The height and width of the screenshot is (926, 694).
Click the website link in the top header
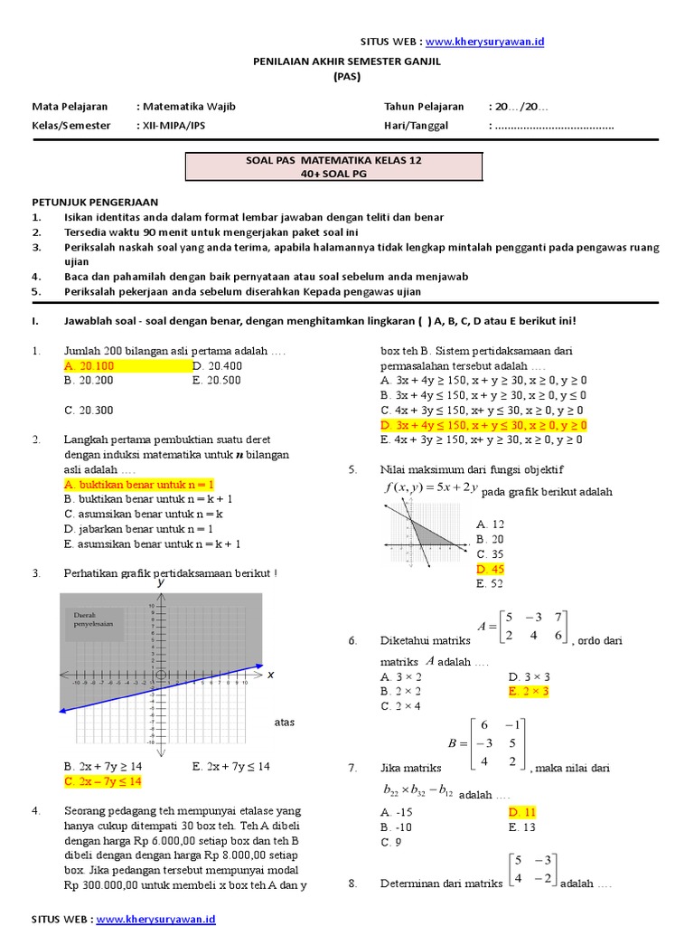[x=484, y=42]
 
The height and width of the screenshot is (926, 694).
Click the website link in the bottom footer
[x=155, y=919]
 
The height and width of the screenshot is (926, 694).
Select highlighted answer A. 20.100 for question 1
[x=89, y=366]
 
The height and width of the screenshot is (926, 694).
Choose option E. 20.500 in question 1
[x=217, y=381]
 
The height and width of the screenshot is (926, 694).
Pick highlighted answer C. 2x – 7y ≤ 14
[x=104, y=780]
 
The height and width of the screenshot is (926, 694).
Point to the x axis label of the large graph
[x=269, y=675]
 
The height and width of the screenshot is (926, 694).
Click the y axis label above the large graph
[x=161, y=584]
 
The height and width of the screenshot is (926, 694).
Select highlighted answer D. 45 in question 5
[x=490, y=569]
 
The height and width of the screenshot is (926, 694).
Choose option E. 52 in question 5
[x=489, y=584]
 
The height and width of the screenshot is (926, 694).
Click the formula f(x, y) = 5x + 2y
[x=430, y=488]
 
